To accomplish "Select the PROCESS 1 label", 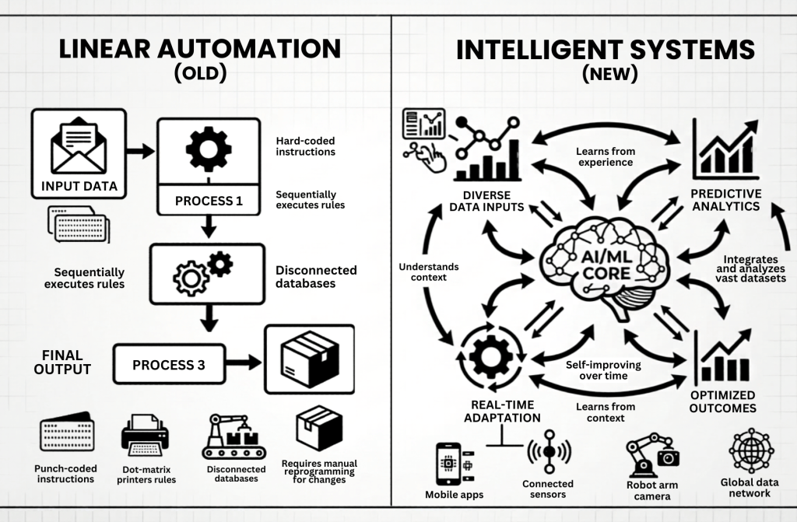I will pos(209,201).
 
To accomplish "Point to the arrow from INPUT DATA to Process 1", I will pos(141,150).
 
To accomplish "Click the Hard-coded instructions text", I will pos(305,146).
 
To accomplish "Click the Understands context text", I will pos(428,273).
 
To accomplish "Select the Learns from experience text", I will pos(605,156).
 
